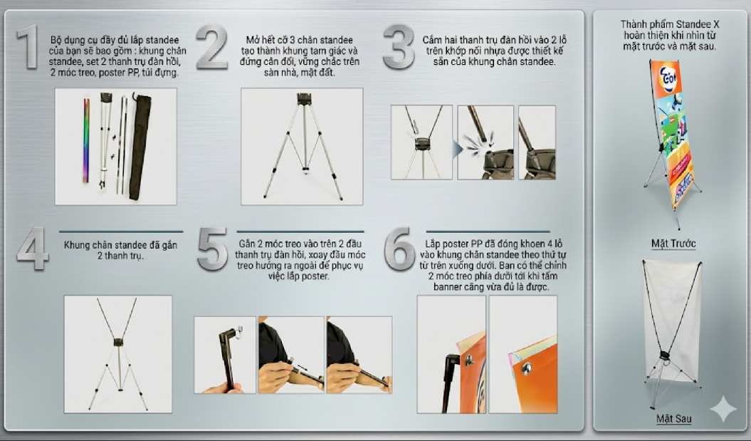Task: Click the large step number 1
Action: pyautogui.click(x=28, y=47)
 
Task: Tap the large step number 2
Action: pyautogui.click(x=211, y=47)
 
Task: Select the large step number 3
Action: pyautogui.click(x=399, y=47)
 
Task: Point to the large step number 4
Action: pyautogui.click(x=33, y=249)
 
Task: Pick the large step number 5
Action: pyautogui.click(x=213, y=249)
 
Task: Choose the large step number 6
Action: pyautogui.click(x=399, y=249)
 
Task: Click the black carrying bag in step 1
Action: pyautogui.click(x=140, y=146)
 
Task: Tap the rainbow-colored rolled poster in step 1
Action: pyautogui.click(x=87, y=140)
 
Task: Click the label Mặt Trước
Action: pyautogui.click(x=673, y=243)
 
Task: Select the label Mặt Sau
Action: pyautogui.click(x=674, y=418)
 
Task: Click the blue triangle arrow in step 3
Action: pyautogui.click(x=458, y=150)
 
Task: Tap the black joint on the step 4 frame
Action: pyautogui.click(x=118, y=343)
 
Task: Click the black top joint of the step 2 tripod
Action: pyautogui.click(x=304, y=99)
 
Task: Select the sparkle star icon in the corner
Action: pyautogui.click(x=723, y=409)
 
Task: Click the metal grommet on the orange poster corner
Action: pyautogui.click(x=527, y=368)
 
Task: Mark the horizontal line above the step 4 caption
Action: pyautogui.click(x=121, y=232)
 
